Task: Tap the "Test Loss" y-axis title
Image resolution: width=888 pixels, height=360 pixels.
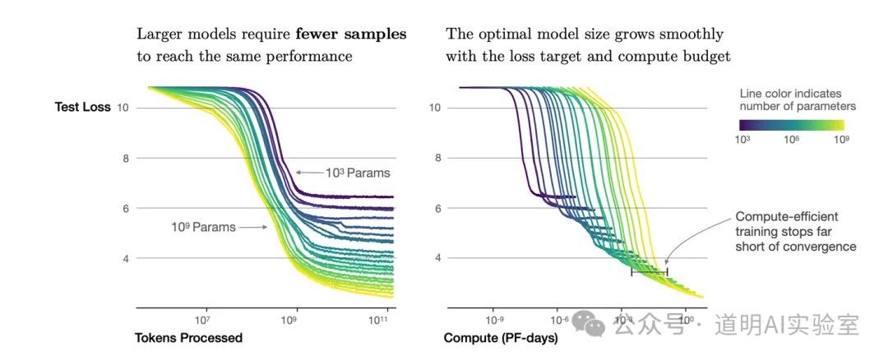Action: [82, 107]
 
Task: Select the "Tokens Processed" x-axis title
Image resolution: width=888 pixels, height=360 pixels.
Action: [188, 338]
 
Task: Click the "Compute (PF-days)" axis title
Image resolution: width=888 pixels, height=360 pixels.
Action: [501, 338]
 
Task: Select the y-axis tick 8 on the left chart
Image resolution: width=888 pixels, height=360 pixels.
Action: [127, 158]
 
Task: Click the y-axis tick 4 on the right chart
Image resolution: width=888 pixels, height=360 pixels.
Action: [436, 258]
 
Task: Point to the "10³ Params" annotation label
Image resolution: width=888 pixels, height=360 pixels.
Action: [358, 173]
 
